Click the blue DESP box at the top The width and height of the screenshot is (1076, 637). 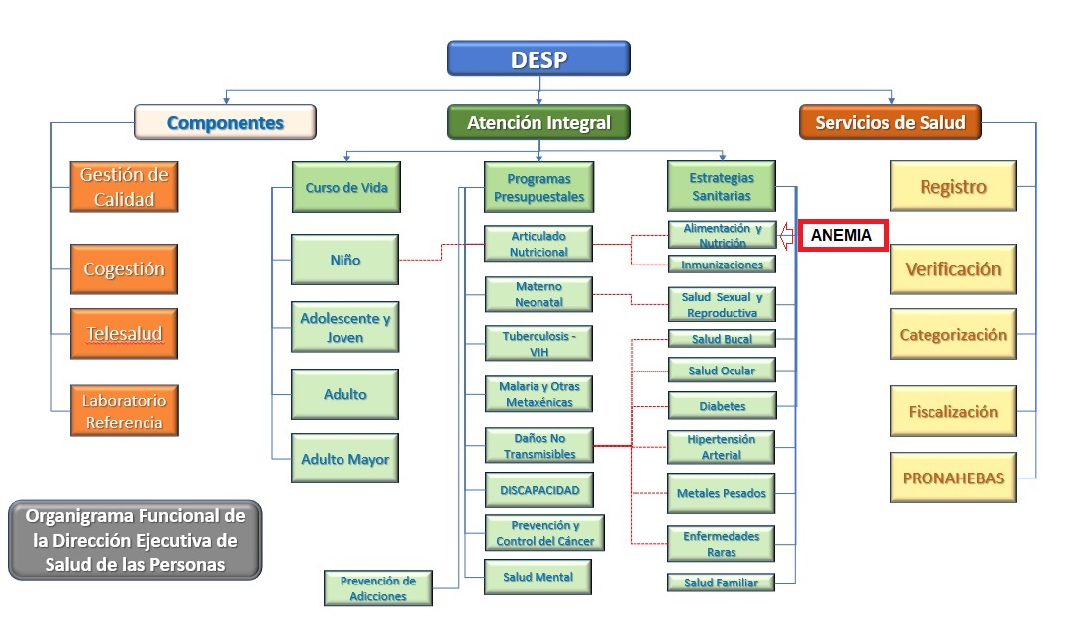(538, 58)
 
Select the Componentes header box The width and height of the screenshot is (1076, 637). (226, 122)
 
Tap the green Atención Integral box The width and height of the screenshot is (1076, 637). (538, 122)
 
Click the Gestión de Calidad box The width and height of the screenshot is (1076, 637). (124, 187)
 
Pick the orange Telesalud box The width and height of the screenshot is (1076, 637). (124, 334)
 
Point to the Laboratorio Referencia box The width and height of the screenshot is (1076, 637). (124, 411)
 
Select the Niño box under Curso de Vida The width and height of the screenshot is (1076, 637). (345, 260)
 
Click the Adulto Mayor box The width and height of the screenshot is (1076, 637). (345, 459)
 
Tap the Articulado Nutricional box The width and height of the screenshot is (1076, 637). (538, 244)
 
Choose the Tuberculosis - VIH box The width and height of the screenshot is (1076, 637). (538, 343)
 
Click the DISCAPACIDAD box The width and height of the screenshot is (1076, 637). (538, 489)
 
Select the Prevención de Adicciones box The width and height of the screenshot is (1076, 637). (378, 587)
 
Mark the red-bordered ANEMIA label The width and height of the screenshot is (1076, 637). (842, 236)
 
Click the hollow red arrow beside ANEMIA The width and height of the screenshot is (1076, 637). (789, 236)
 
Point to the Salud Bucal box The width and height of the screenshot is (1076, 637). (722, 339)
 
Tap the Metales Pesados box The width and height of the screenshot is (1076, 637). (722, 493)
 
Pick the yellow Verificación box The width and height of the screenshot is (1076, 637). (952, 269)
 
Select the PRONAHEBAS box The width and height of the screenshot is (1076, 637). (952, 478)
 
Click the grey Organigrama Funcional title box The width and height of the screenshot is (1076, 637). (135, 540)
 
